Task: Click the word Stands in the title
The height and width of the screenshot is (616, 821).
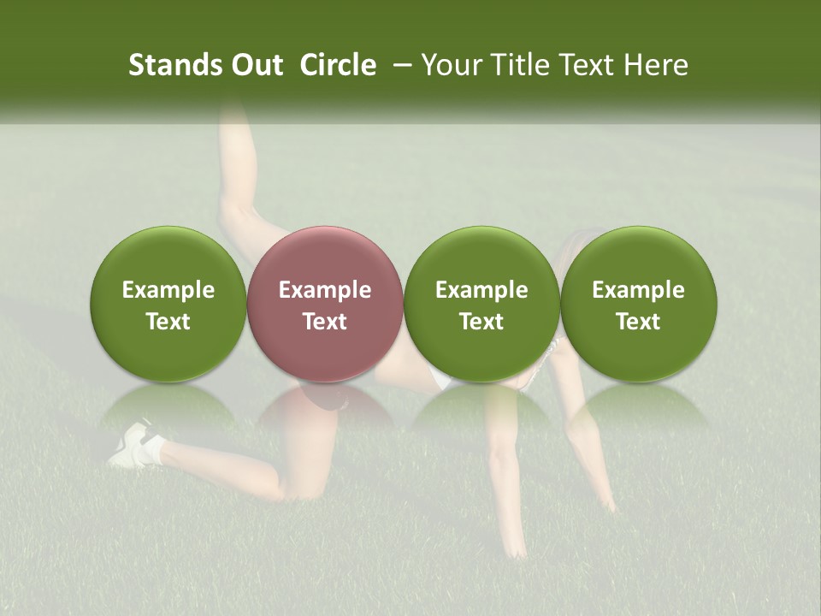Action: click(170, 65)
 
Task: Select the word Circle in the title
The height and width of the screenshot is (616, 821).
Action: click(338, 65)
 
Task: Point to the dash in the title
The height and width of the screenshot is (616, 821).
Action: click(399, 65)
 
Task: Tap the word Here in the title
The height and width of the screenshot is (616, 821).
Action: click(654, 65)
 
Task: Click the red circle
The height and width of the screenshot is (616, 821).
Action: click(325, 257)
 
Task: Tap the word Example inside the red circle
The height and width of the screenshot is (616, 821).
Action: click(325, 290)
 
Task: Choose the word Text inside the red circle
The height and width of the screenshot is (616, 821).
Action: click(325, 322)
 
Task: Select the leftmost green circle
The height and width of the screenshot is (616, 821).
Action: click(168, 257)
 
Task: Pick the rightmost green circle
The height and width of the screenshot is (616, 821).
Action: click(638, 257)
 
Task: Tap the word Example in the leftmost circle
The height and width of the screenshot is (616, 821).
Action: click(168, 290)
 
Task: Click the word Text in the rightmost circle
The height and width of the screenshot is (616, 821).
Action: click(638, 322)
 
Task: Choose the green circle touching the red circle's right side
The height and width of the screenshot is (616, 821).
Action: click(481, 257)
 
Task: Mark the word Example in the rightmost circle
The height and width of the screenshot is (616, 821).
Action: click(638, 290)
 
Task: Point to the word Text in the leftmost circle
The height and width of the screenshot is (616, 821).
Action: click(168, 322)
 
